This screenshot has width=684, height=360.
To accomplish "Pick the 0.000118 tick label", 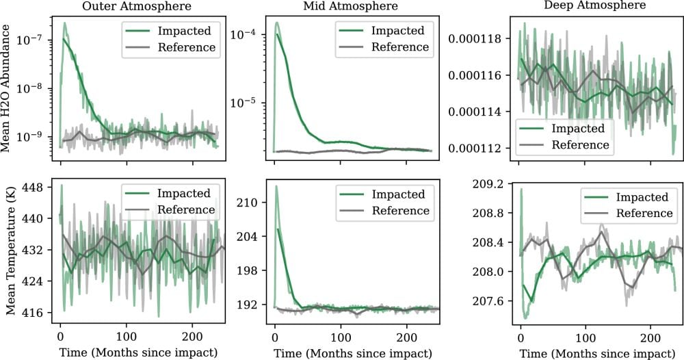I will click(x=477, y=39).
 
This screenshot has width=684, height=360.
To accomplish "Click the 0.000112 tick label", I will click(x=477, y=148).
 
